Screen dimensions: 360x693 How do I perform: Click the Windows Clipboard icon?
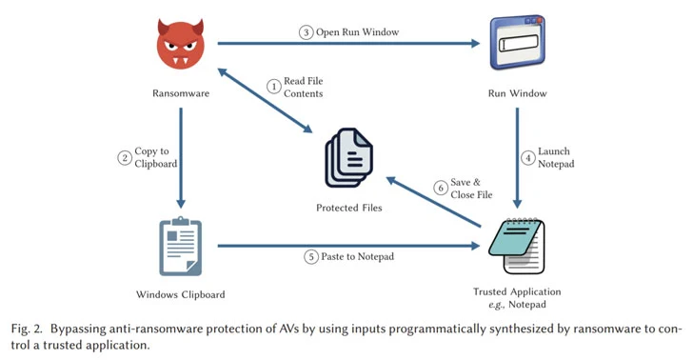180,244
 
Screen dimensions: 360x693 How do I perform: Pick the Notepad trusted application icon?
517,244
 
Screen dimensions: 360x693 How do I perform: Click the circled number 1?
273,87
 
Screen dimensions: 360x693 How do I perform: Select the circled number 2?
124,158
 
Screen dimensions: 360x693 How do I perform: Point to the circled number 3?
306,31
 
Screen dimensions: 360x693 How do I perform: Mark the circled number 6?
440,188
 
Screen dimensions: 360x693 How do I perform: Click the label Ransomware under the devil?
180,93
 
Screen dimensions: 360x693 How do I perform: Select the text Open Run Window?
354,31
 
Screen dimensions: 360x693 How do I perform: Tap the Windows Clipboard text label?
180,294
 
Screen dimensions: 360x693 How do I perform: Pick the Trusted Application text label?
517,290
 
